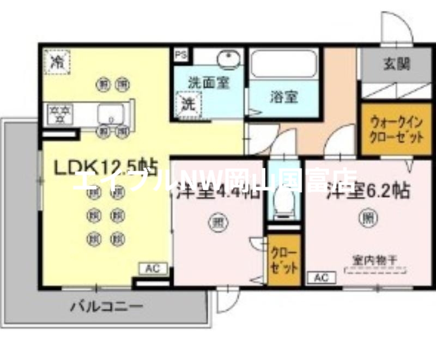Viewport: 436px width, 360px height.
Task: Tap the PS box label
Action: click(x=179, y=54)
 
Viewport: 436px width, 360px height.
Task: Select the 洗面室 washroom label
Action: click(x=209, y=83)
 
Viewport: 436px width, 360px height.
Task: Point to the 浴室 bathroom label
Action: click(x=283, y=97)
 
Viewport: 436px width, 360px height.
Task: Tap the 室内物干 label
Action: click(x=374, y=260)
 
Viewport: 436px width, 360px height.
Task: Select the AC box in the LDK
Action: click(x=152, y=268)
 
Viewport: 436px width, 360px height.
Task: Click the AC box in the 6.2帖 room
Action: click(x=322, y=278)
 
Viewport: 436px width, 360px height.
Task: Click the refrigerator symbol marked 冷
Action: click(x=56, y=62)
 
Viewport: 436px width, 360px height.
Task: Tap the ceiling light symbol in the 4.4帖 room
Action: click(x=216, y=222)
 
